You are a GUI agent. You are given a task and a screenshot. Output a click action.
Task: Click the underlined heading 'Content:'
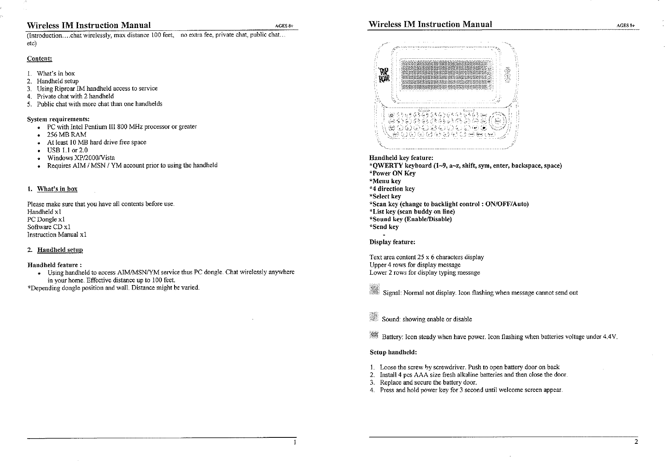tap(40, 59)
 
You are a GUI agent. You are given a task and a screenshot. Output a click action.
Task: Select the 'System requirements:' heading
tap(58, 119)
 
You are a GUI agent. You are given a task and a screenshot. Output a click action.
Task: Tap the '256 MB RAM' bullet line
tap(67, 134)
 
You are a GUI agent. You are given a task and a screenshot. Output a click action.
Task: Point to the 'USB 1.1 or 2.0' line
tap(67, 150)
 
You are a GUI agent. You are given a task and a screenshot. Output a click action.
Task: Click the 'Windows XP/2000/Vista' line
tap(81, 158)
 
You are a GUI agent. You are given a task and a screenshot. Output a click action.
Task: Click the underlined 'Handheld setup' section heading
tap(60, 250)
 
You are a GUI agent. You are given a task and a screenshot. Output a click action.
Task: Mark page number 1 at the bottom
tap(294, 442)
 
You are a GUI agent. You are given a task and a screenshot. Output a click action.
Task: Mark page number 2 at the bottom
tap(636, 442)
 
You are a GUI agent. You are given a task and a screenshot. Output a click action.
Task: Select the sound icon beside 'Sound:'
tap(373, 316)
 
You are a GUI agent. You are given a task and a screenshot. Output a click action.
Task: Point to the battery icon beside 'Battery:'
tap(374, 335)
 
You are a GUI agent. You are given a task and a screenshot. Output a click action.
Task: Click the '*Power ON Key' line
tap(393, 173)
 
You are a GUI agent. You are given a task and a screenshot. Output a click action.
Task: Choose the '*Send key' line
tap(384, 227)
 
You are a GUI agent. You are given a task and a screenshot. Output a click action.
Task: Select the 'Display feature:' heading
tap(392, 242)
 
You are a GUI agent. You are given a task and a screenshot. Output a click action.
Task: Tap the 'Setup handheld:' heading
tap(393, 352)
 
